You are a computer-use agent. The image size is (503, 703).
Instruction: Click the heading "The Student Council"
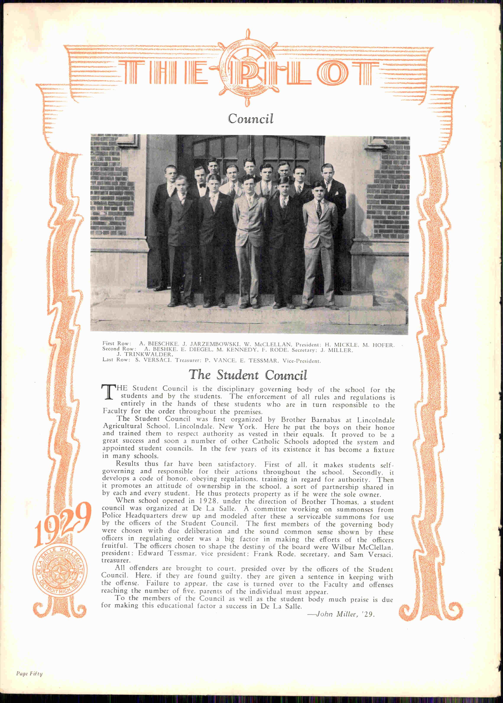[x=248, y=375]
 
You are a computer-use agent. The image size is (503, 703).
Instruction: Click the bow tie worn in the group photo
[x=202, y=186]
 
